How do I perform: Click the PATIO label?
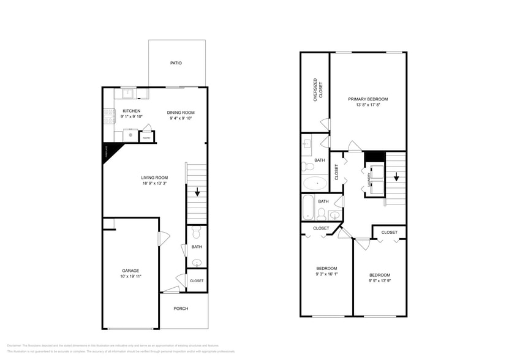pyautogui.click(x=176, y=63)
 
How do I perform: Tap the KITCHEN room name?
pyautogui.click(x=131, y=111)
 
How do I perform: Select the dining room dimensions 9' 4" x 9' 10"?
pyautogui.click(x=181, y=119)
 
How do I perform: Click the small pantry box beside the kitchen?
pyautogui.click(x=146, y=138)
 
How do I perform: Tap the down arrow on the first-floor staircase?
pyautogui.click(x=197, y=192)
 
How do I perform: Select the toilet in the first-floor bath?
pyautogui.click(x=196, y=233)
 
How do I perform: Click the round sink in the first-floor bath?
pyautogui.click(x=196, y=263)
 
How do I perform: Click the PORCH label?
pyautogui.click(x=181, y=308)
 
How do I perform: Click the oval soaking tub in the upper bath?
pyautogui.click(x=316, y=182)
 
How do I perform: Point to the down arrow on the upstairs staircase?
pyautogui.click(x=396, y=177)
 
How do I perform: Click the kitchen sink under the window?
pyautogui.click(x=128, y=94)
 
